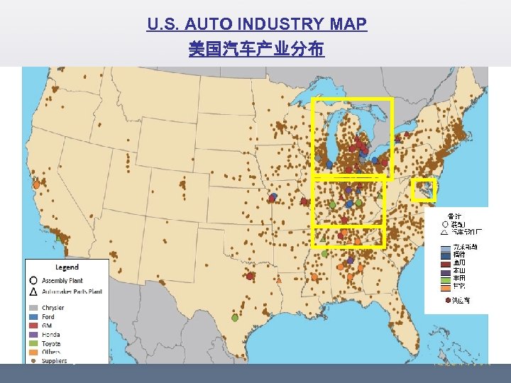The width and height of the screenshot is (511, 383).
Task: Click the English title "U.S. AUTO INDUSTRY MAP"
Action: (257, 25)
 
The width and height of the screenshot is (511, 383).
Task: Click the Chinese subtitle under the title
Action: (257, 49)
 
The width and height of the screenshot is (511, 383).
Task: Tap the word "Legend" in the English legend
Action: (67, 267)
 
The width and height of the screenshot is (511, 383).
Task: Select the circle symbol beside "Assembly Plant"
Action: (33, 281)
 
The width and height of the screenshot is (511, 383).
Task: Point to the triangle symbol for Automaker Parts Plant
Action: (33, 291)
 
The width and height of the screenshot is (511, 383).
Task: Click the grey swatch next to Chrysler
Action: (33, 308)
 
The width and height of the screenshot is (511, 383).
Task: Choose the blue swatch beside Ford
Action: (33, 317)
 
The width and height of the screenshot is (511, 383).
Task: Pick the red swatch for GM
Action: (33, 326)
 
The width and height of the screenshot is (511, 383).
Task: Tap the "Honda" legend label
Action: (51, 335)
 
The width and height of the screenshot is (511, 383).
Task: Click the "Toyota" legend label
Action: (52, 343)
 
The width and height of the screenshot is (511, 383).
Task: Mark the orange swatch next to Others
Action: (33, 352)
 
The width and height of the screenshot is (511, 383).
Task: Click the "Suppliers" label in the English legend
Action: (55, 361)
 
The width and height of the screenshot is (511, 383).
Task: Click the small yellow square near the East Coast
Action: (424, 189)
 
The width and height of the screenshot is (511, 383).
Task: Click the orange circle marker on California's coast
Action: (36, 184)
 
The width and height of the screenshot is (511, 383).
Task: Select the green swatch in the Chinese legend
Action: (445, 279)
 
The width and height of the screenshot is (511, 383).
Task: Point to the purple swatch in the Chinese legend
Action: (445, 270)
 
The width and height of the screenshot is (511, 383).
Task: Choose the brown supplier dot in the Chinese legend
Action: (447, 301)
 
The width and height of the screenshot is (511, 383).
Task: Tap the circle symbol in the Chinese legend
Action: (445, 223)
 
